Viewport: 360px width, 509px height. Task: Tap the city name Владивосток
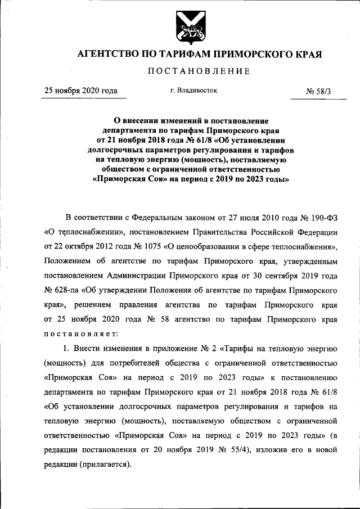196,90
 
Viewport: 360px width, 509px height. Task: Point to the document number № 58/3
318,91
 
